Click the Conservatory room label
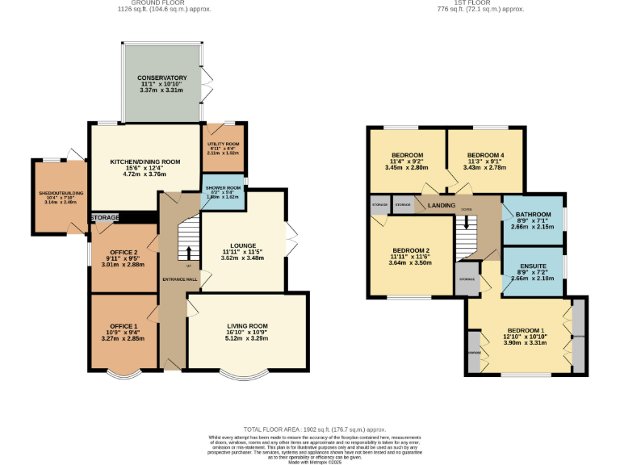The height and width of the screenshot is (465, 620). (162, 77)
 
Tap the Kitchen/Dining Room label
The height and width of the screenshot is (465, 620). (145, 161)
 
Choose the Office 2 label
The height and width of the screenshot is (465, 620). (124, 252)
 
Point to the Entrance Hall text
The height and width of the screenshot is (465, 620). (180, 279)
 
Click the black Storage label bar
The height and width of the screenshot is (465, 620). (105, 218)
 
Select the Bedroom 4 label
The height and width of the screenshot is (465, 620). (485, 154)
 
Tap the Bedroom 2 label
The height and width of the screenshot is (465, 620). (410, 250)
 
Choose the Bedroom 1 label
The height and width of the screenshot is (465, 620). (526, 331)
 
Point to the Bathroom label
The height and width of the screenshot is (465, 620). (532, 214)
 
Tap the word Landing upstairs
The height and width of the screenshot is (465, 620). (442, 206)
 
